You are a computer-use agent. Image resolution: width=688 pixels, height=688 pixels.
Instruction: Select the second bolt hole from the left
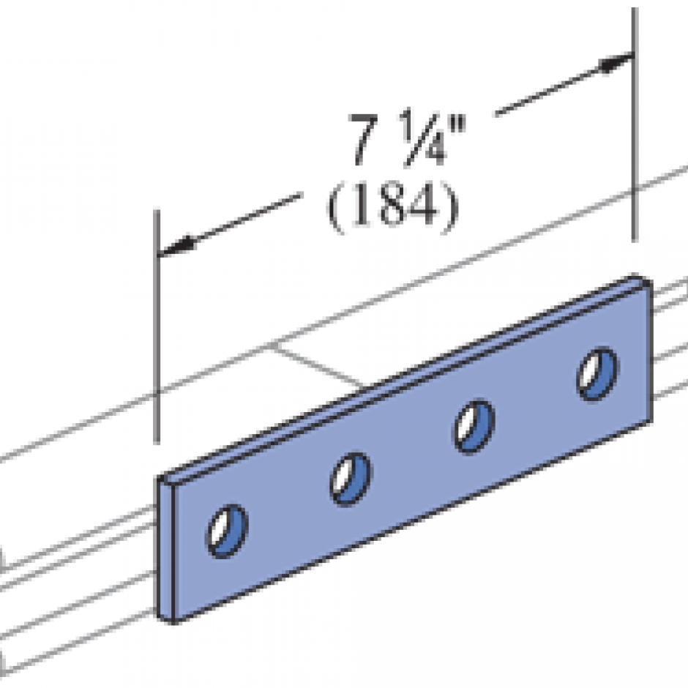(351, 479)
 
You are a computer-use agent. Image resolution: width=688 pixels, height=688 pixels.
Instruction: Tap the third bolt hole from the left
(474, 427)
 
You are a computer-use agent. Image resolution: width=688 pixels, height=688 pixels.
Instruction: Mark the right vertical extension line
(634, 146)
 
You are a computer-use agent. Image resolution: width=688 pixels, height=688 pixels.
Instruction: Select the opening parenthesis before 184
(333, 211)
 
